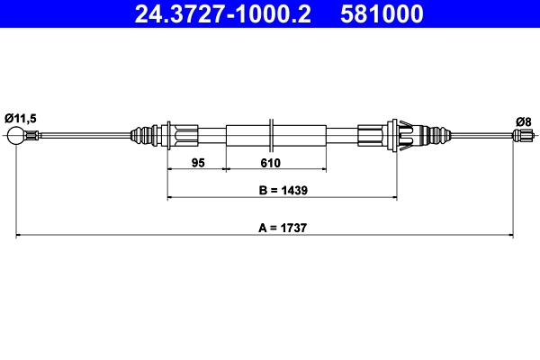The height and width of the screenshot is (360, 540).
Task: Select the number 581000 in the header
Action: pos(382,15)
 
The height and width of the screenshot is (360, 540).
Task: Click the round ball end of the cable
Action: pos(15,136)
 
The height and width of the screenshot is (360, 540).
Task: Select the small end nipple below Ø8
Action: pos(520,136)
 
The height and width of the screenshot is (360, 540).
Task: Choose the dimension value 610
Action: pos(271,163)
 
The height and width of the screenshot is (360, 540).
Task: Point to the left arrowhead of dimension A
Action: pos(19,236)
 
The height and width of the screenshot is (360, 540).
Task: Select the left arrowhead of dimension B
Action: pos(171,197)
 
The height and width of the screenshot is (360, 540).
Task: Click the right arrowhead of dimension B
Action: pos(391,197)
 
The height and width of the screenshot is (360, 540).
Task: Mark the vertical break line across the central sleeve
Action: pos(271,136)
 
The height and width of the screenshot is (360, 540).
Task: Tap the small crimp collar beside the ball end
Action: pos(31,136)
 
